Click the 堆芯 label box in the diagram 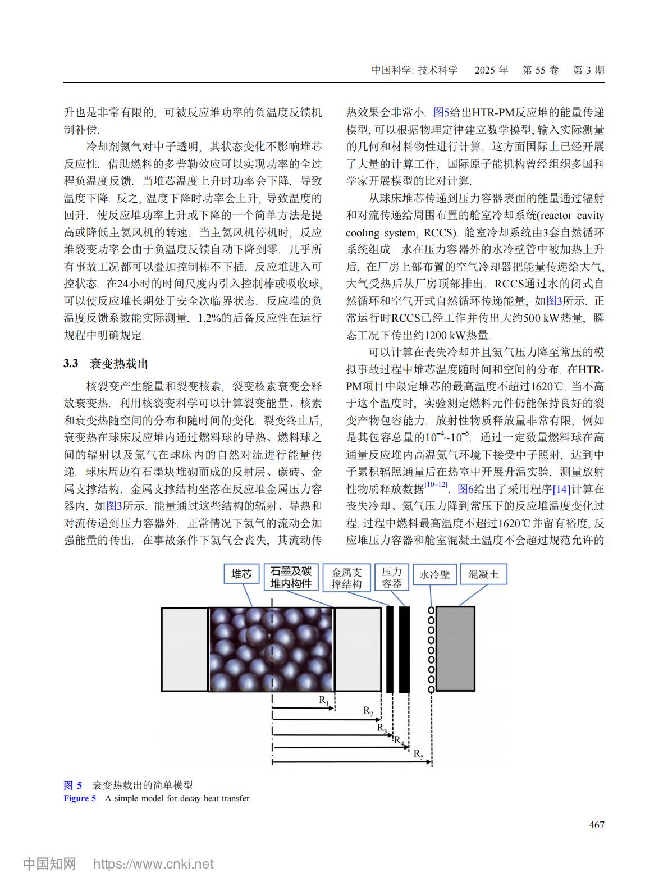point(242,574)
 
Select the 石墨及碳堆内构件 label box point(291,577)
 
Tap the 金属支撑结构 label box point(346,578)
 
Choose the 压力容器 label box point(392,578)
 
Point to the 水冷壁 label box point(434,574)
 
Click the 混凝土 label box point(483,574)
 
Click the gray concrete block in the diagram point(455,648)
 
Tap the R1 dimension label point(324,700)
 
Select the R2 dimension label point(368,711)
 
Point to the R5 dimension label point(419,754)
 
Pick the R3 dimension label point(382,728)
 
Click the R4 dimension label point(399,740)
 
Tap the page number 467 point(597,824)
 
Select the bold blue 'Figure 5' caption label point(80,798)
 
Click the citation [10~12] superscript point(436,485)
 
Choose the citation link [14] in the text point(561,489)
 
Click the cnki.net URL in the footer point(153,864)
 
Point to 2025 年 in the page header point(491,70)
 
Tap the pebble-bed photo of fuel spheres point(272,649)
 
